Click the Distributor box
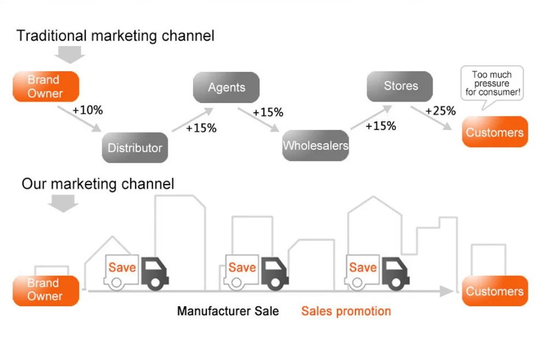click(x=135, y=148)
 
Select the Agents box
click(x=226, y=87)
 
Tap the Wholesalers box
click(x=315, y=145)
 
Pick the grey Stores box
click(x=400, y=86)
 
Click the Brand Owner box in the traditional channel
click(x=46, y=87)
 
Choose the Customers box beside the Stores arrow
click(x=495, y=132)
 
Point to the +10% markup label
click(x=88, y=110)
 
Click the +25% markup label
click(x=440, y=111)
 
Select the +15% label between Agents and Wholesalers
click(x=268, y=113)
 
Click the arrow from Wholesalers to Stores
click(x=365, y=117)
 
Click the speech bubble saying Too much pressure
click(x=492, y=83)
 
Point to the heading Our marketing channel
click(x=98, y=183)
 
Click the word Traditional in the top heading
click(x=52, y=36)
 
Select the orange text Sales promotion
click(x=346, y=311)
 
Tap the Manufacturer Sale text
click(x=228, y=311)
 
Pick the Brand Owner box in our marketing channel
click(x=46, y=290)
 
